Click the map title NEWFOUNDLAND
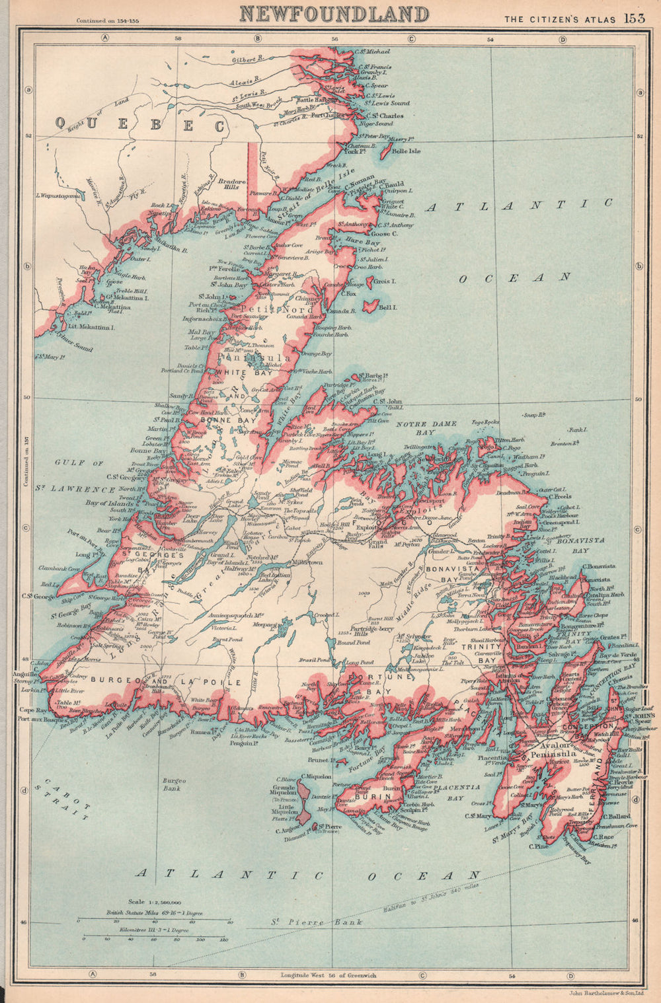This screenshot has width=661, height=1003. tap(334, 13)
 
